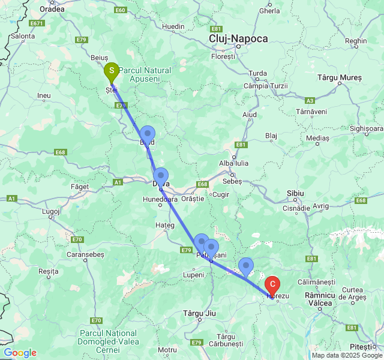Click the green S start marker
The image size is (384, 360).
111,72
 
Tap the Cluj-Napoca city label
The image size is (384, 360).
238,38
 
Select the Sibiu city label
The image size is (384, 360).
296,193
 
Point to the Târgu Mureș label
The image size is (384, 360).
339,78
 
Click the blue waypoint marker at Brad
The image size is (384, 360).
147,134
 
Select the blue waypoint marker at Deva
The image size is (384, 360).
160,176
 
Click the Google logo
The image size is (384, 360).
20,353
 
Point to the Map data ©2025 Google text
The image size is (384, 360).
347,355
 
